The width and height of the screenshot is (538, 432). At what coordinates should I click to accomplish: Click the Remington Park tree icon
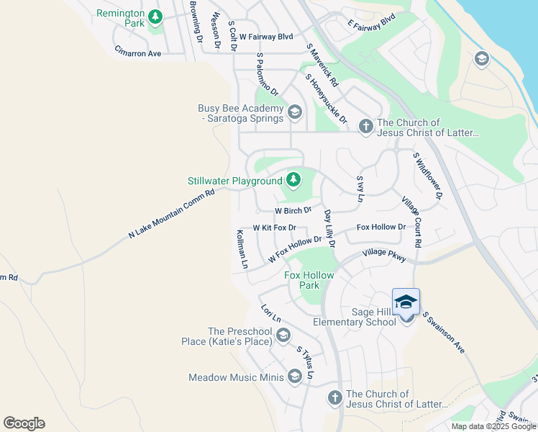point(155,17)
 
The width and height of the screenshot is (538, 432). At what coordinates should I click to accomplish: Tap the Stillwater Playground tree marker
point(293,179)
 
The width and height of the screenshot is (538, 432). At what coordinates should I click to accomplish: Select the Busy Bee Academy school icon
point(294,112)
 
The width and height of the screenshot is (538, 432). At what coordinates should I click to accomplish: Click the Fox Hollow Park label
point(311,280)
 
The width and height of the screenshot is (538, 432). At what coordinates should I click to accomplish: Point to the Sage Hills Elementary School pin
point(406,302)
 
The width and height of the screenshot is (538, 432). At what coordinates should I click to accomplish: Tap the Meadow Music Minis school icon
point(294,377)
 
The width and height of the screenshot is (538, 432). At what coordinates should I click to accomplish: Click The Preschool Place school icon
point(283,335)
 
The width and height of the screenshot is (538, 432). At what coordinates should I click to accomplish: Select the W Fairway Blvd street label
point(266,36)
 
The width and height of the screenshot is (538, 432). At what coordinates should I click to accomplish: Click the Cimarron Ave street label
point(137,53)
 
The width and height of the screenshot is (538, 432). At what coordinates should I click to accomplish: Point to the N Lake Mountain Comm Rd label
point(171,214)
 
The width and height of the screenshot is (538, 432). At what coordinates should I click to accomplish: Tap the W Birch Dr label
point(293,211)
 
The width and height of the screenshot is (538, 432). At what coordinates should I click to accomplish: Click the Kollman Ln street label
point(242,249)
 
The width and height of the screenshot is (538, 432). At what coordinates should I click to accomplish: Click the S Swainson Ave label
point(443,332)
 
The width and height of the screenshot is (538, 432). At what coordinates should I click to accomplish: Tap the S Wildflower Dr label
point(427,175)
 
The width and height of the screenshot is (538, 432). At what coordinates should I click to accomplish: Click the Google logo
point(24,423)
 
